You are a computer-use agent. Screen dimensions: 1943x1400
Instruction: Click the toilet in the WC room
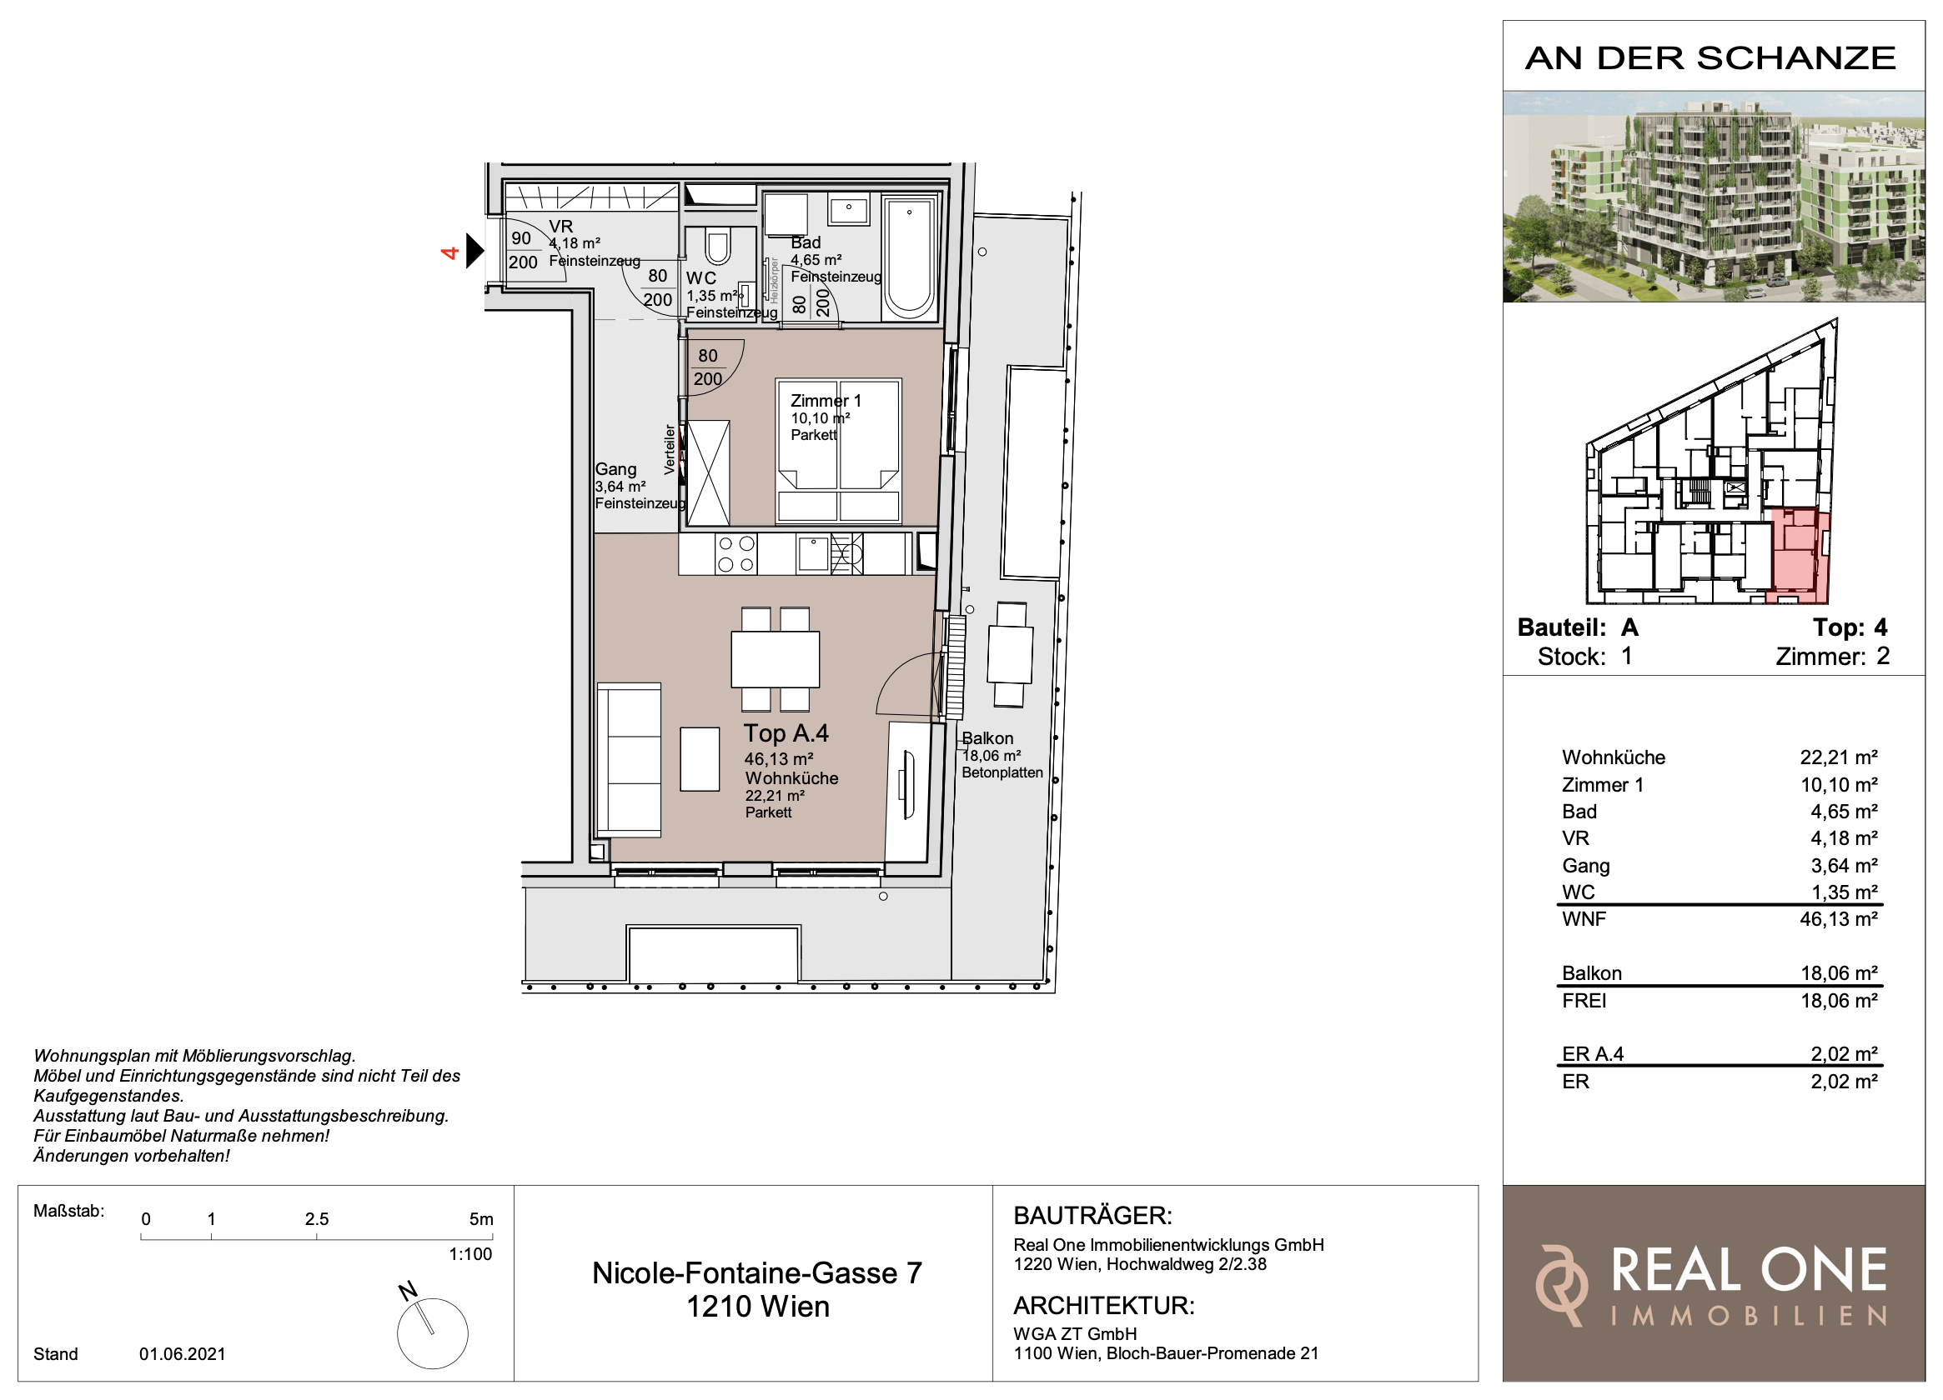point(717,246)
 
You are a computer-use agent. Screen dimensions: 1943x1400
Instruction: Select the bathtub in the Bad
point(909,257)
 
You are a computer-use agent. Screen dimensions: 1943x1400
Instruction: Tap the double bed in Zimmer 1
point(838,450)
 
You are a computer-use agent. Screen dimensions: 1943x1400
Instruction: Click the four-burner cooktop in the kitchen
point(736,553)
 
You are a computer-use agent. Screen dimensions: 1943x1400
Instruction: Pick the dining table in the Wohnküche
point(775,658)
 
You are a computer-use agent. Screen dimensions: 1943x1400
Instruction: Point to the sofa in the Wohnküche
point(629,759)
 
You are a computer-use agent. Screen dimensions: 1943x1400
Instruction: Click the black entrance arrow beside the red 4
point(474,251)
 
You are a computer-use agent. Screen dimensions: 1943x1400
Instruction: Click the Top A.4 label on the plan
point(786,734)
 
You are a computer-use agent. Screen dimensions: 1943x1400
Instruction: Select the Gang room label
point(616,469)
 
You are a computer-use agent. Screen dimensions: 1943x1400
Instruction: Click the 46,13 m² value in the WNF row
point(1839,920)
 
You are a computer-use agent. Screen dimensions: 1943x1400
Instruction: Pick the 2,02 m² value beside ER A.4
point(1844,1054)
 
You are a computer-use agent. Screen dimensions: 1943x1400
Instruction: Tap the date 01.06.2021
point(183,1354)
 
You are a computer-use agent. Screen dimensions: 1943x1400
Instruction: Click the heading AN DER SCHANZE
point(1711,58)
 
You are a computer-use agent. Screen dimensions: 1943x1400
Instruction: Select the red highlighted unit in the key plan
point(1799,557)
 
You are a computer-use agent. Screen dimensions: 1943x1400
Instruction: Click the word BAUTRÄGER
point(1092,1215)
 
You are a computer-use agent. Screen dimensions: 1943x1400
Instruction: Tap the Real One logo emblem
point(1561,1285)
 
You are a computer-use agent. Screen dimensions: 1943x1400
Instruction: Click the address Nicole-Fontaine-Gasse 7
point(757,1273)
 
